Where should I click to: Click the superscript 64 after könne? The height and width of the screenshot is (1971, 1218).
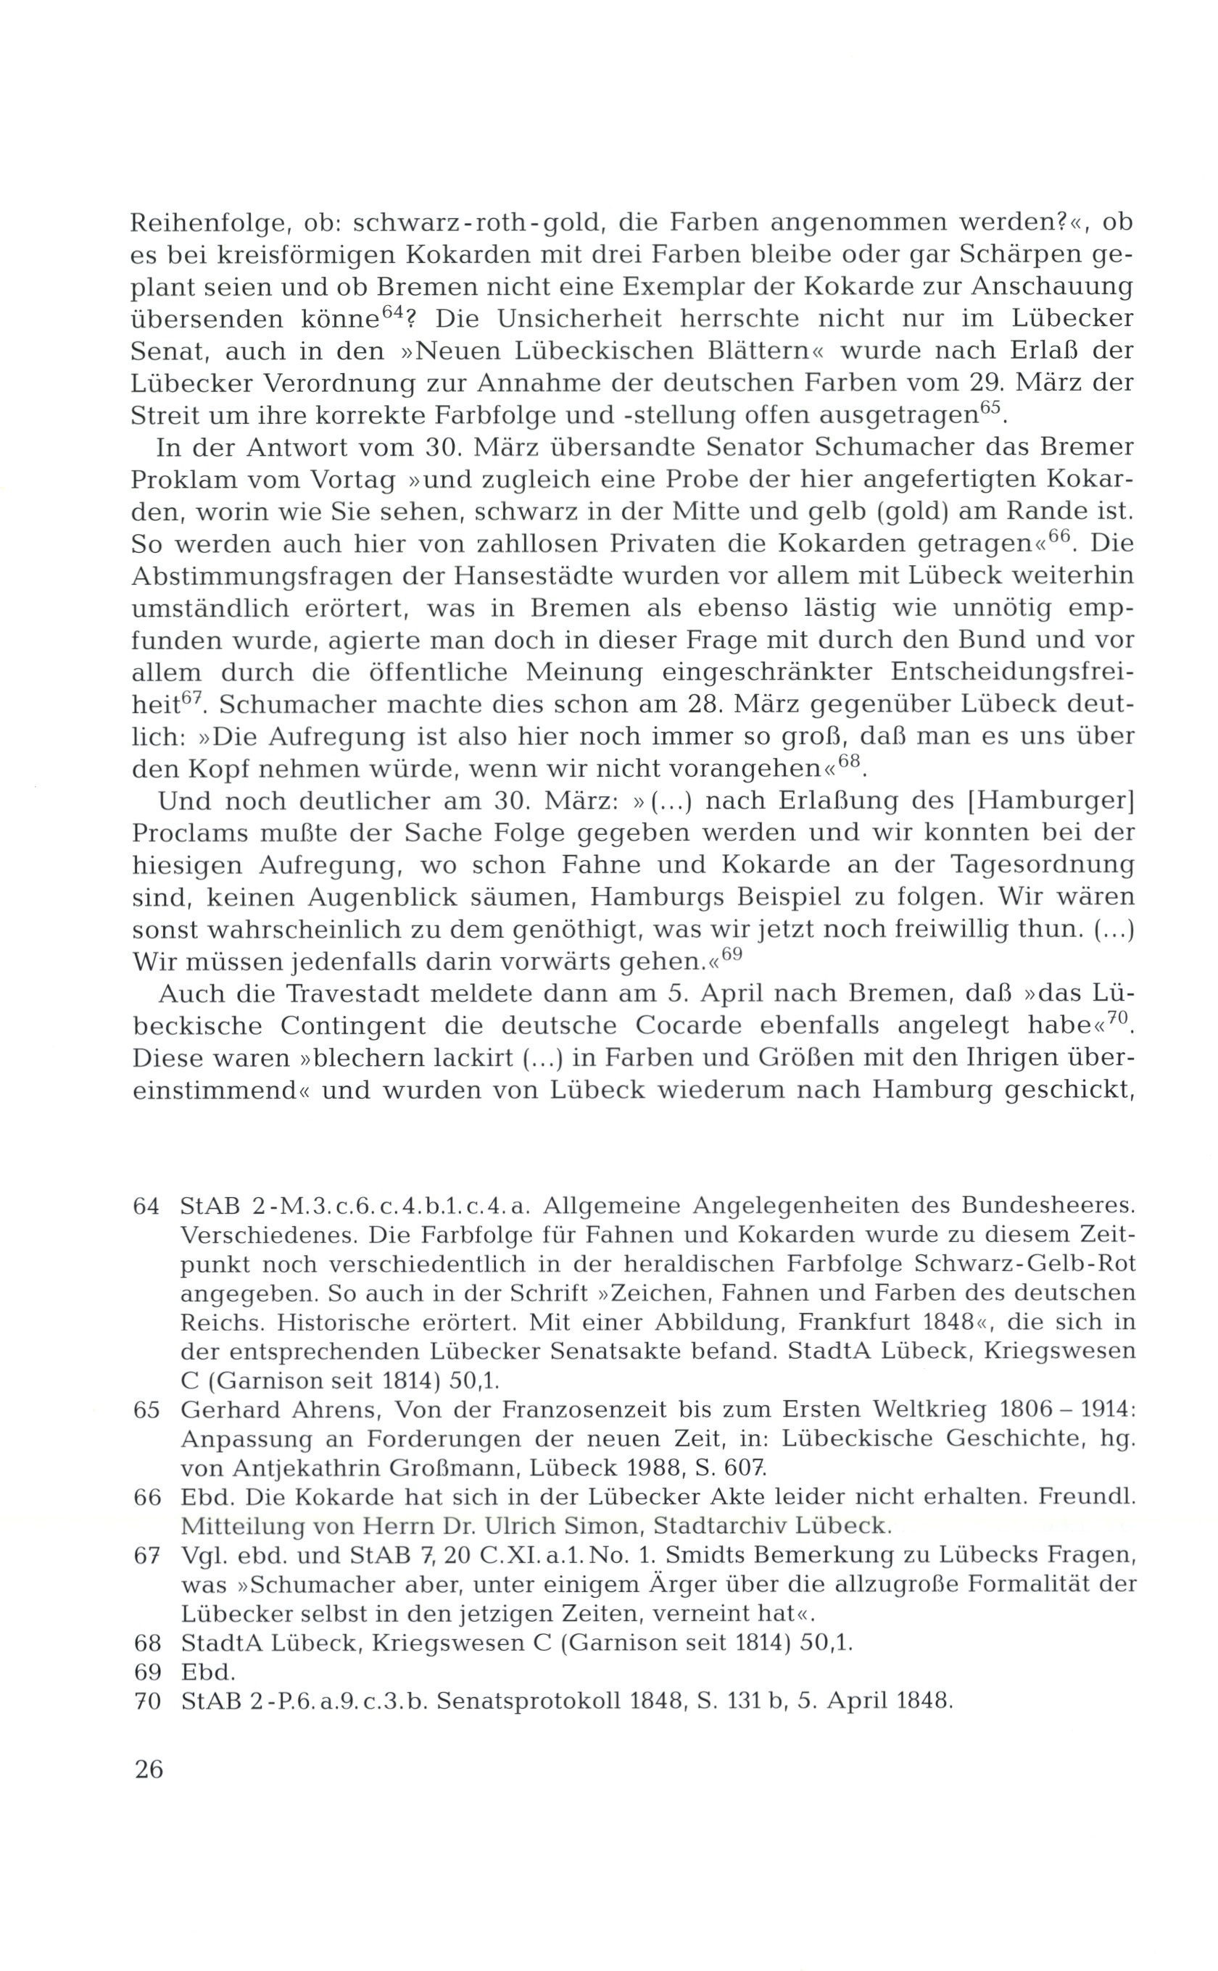pyautogui.click(x=391, y=312)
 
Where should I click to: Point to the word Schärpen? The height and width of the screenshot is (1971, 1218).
pyautogui.click(x=1010, y=255)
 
